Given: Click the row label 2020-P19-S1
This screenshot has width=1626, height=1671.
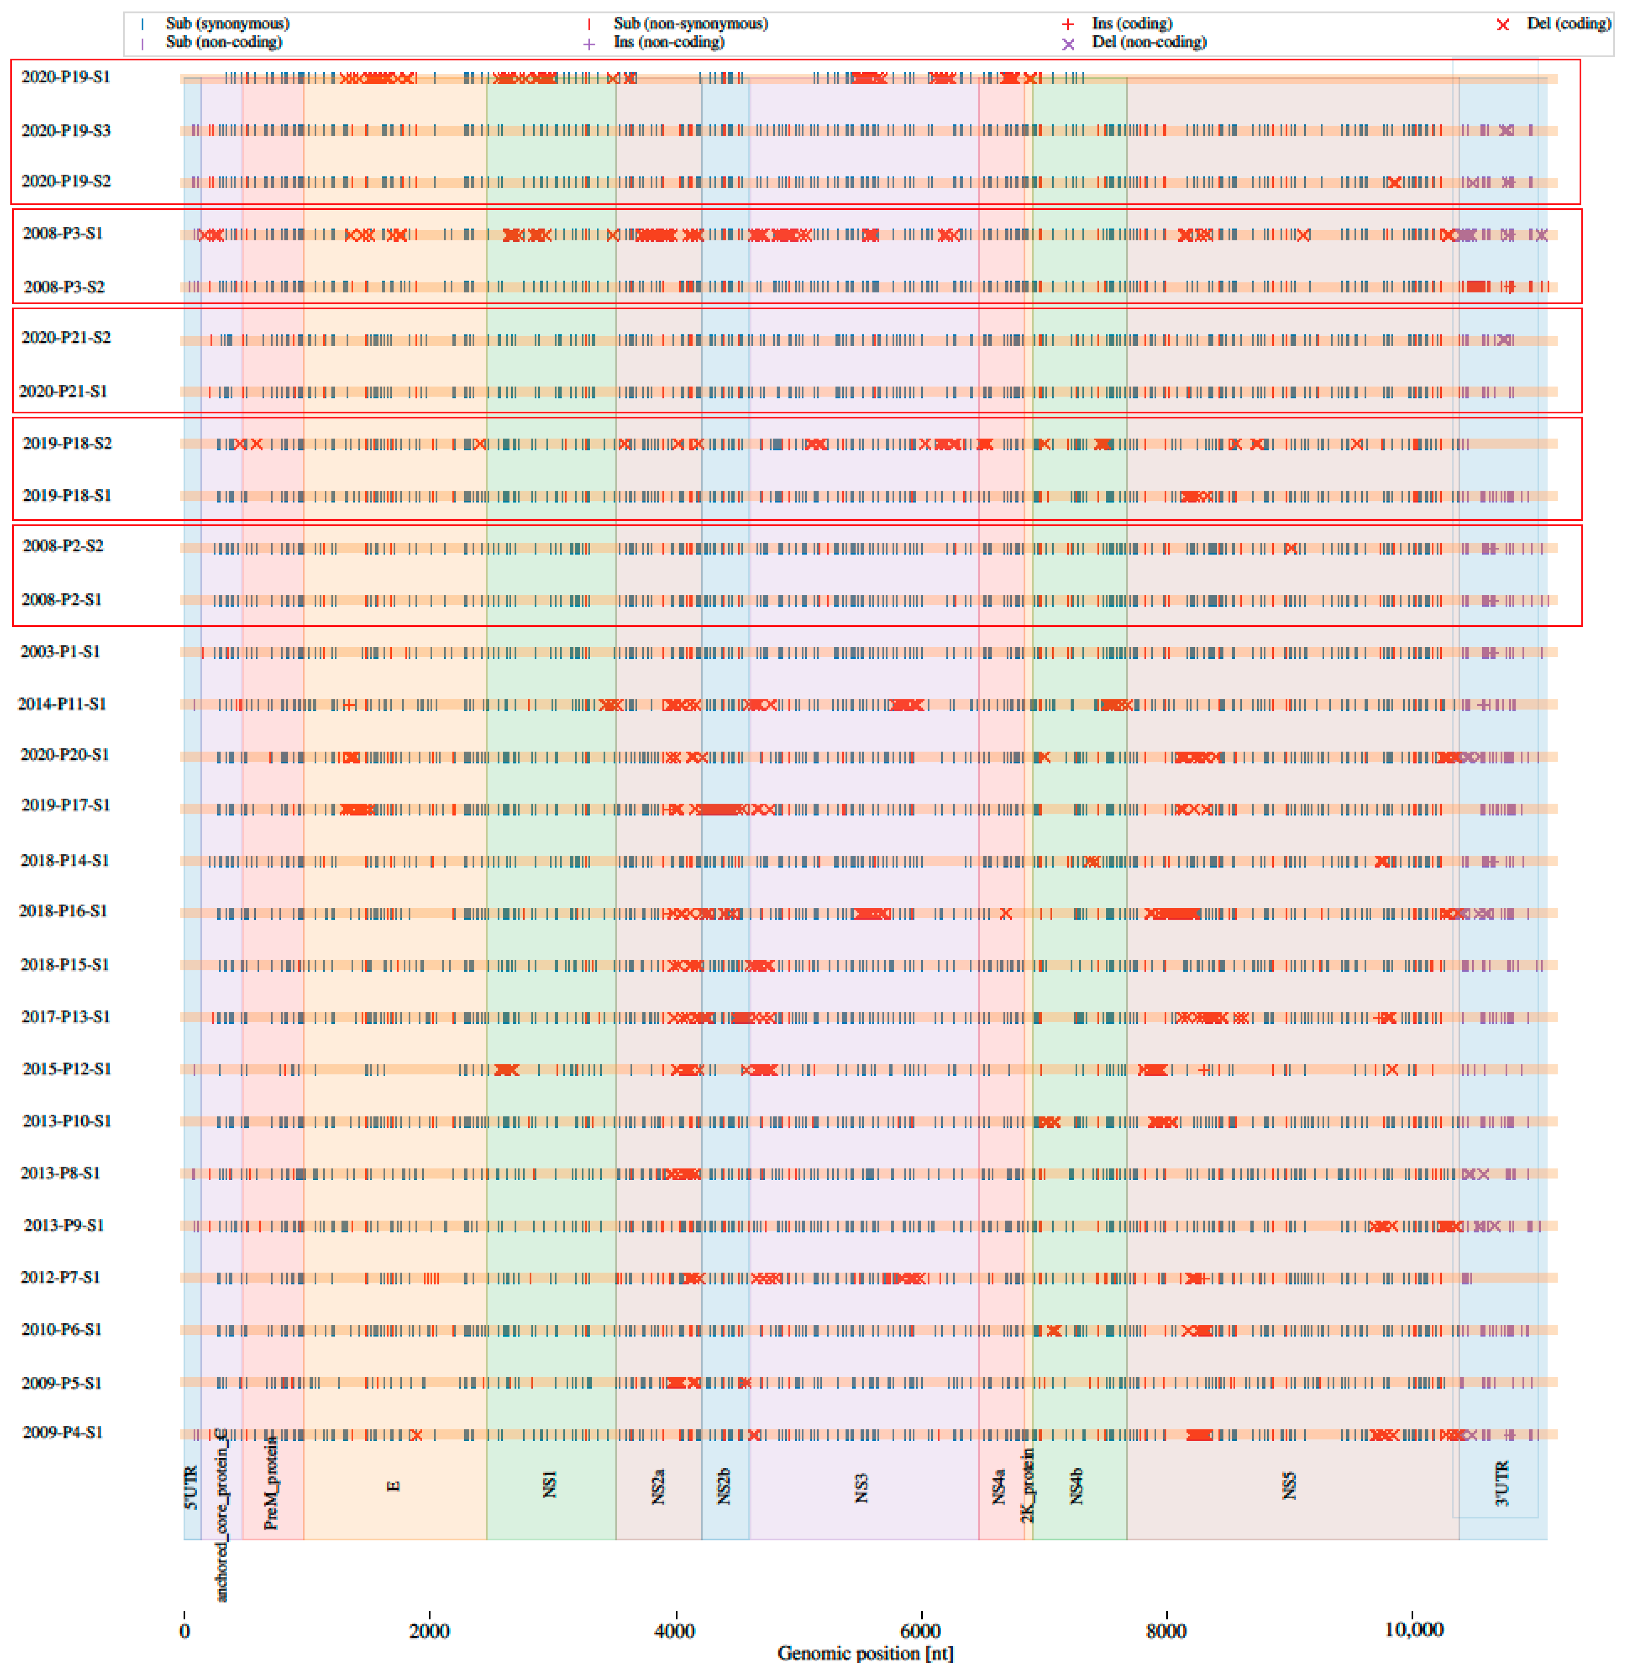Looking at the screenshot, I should tap(66, 77).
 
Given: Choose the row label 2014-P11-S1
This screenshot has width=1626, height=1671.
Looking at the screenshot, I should tap(62, 704).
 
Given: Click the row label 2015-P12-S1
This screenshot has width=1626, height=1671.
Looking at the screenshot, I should tap(67, 1069).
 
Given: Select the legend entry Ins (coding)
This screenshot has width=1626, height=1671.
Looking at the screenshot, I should tap(1131, 23).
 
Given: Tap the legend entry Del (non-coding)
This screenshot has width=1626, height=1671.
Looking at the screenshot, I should tap(1149, 42).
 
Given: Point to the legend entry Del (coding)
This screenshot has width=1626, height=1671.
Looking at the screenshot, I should tap(1568, 23).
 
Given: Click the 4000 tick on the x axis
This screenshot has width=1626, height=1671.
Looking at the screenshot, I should tap(675, 1630).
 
